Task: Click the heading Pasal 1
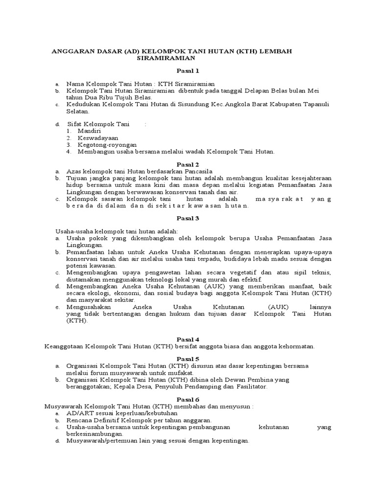tap(188, 71)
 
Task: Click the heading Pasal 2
tap(188, 164)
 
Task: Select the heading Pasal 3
tap(188, 218)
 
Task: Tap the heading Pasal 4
tap(188, 339)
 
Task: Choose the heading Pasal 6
tap(188, 399)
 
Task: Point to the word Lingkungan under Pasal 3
tap(84, 245)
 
